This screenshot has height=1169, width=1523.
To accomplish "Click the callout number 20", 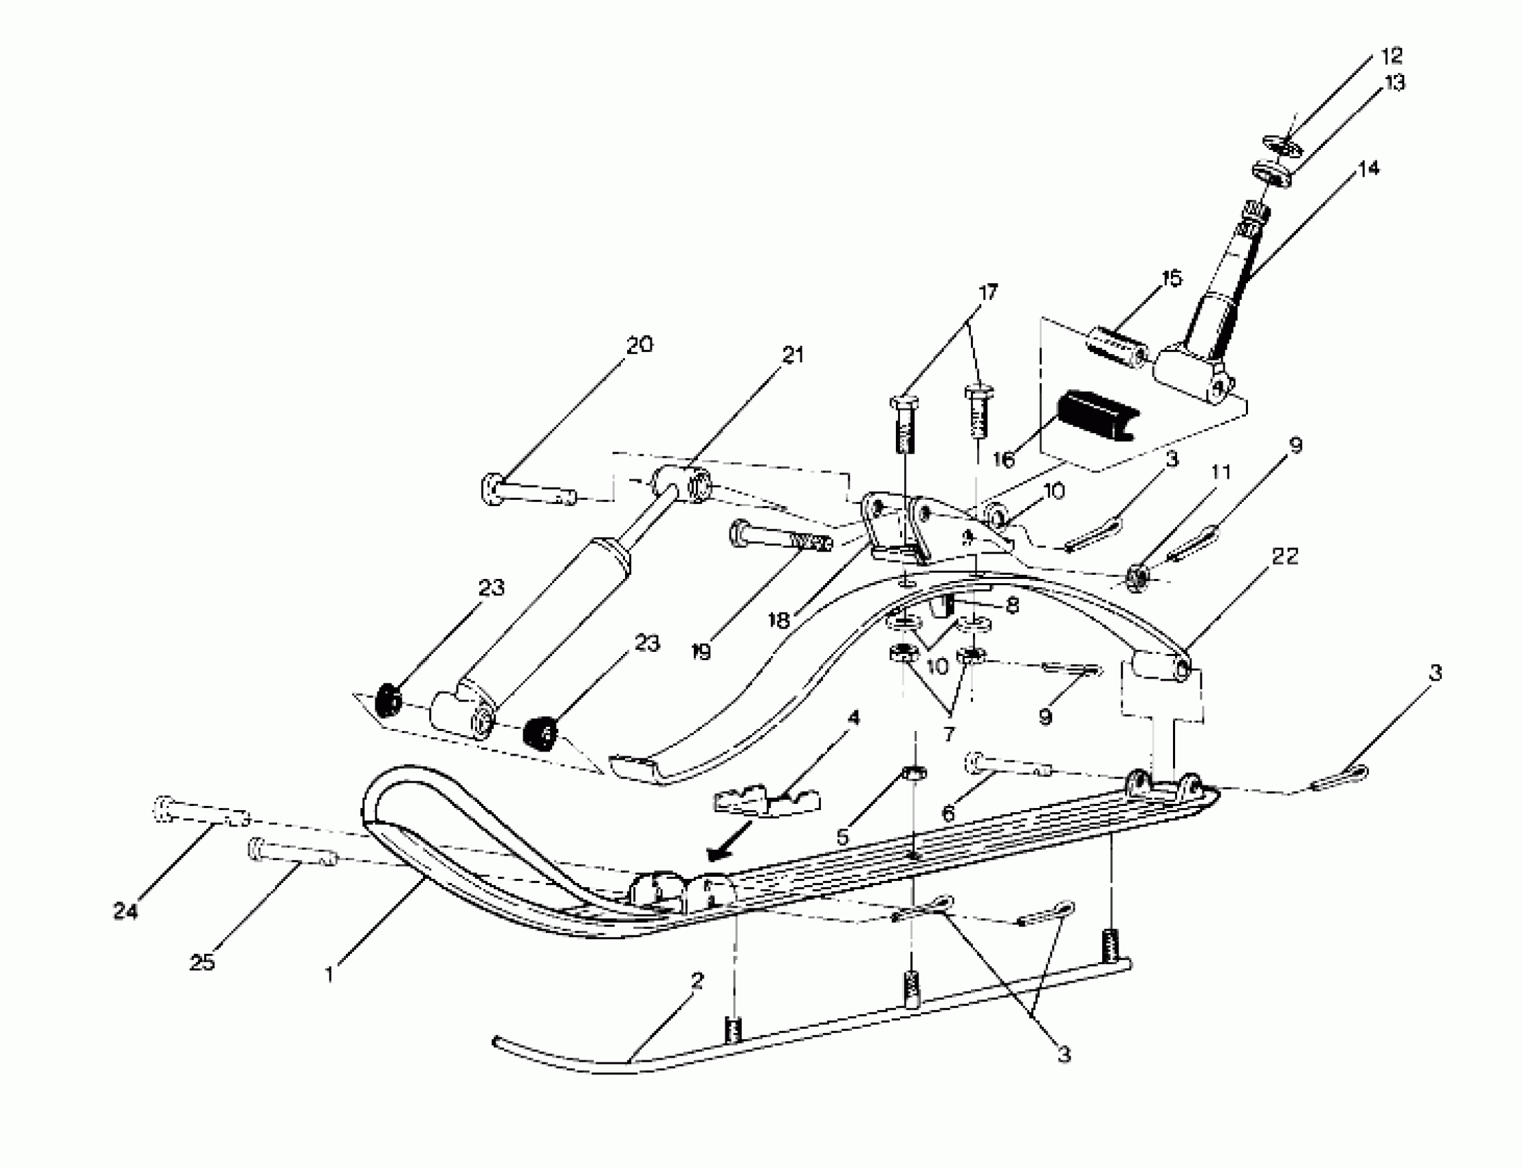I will pyautogui.click(x=639, y=345).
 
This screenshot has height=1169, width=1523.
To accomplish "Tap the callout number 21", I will pyautogui.click(x=793, y=355).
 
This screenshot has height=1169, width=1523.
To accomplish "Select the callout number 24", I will pyautogui.click(x=125, y=911).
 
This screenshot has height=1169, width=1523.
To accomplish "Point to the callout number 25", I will pyautogui.click(x=201, y=962).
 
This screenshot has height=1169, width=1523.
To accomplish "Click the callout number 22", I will pyautogui.click(x=1284, y=556).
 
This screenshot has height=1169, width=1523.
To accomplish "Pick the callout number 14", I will pyautogui.click(x=1368, y=169).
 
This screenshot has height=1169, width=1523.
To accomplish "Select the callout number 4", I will pyautogui.click(x=854, y=717).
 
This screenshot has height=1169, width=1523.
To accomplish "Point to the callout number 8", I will pyautogui.click(x=1012, y=605).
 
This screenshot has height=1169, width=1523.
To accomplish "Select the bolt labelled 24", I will pyautogui.click(x=198, y=811).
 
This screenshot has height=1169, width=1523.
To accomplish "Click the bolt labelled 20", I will pyautogui.click(x=527, y=490).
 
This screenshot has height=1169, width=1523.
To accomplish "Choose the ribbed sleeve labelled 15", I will pyautogui.click(x=1115, y=348).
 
